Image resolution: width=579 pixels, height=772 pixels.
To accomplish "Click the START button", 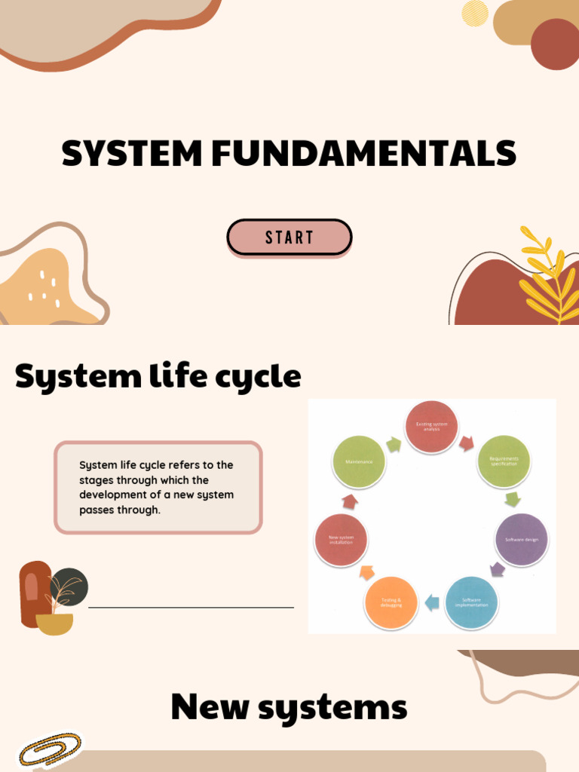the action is pyautogui.click(x=289, y=237).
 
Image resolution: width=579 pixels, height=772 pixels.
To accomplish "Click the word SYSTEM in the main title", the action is pyautogui.click(x=133, y=155).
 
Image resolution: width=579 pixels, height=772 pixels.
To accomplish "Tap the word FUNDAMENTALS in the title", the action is pyautogui.click(x=363, y=155).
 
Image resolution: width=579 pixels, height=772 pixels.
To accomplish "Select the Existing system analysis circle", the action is pyautogui.click(x=432, y=427).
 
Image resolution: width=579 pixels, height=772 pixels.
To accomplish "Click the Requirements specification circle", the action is pyautogui.click(x=504, y=461).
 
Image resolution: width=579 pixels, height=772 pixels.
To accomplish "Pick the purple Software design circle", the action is pyautogui.click(x=521, y=540).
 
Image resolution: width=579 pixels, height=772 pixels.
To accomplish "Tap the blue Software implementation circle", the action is pyautogui.click(x=471, y=602).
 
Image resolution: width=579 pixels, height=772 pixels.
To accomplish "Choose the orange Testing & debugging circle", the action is pyautogui.click(x=391, y=602).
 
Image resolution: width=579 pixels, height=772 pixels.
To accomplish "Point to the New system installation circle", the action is pyautogui.click(x=342, y=540).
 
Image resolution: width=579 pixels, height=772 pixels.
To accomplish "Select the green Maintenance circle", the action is pyautogui.click(x=359, y=461).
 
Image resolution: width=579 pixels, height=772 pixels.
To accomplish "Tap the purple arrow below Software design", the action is pyautogui.click(x=498, y=569).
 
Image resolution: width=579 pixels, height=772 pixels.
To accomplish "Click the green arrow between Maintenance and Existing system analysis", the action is pyautogui.click(x=394, y=445).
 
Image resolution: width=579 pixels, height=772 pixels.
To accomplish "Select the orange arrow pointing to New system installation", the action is pyautogui.click(x=367, y=572).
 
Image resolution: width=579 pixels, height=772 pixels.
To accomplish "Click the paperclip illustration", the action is pyautogui.click(x=50, y=750).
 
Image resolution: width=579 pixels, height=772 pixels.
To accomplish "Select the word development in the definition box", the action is pyautogui.click(x=111, y=495).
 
